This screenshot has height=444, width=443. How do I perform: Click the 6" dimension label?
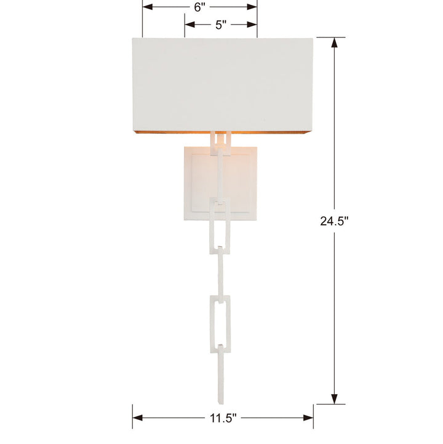coord(199,8)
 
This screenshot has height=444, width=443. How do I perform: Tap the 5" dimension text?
coord(221,25)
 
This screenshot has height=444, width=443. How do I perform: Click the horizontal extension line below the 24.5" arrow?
coord(327,405)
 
